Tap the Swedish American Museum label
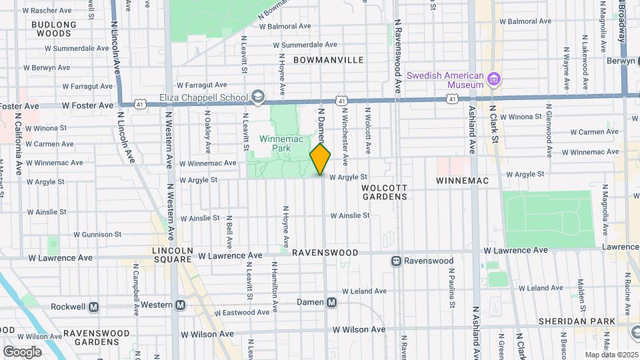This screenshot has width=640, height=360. pos(445,80)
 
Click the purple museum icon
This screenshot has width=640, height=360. pos(494,80)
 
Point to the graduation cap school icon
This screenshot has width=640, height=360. pos(257,97)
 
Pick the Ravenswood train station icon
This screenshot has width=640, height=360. pos(396,261)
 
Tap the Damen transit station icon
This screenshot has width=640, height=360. pos(332,302)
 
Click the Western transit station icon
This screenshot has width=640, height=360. pos(180,305)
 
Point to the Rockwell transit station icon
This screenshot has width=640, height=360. pos(93,307)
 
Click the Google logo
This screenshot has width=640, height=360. pos(22,351)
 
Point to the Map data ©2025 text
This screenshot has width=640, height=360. pos(611,355)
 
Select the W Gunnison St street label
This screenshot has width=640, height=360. pos(97,235)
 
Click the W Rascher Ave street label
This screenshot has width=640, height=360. pos(49,11)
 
